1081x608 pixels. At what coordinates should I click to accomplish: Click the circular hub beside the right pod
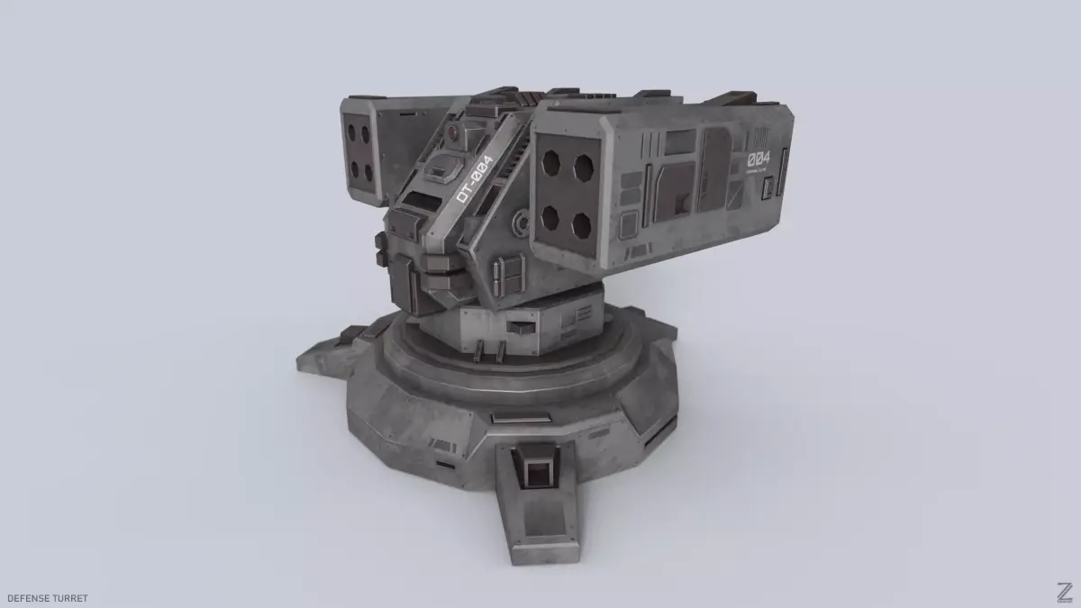click(x=520, y=221)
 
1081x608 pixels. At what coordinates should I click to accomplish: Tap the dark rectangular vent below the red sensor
click(x=444, y=168)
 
